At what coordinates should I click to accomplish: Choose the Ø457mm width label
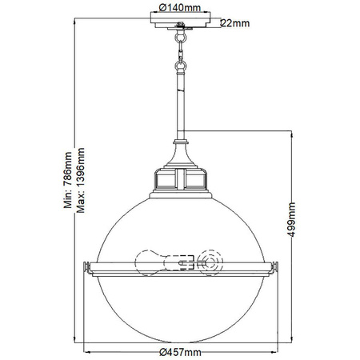[x=179, y=350]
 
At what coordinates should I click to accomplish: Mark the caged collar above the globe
[x=179, y=181]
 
